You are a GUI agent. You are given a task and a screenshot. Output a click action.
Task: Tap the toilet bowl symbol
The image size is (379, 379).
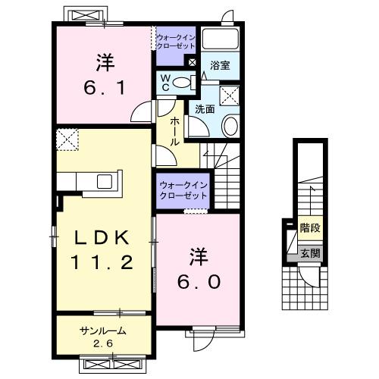pyautogui.click(x=180, y=82)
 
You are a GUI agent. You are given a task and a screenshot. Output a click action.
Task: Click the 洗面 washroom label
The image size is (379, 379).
pyautogui.click(x=205, y=108)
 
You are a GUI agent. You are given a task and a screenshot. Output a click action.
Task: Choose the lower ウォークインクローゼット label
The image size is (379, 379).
pyautogui.click(x=183, y=190)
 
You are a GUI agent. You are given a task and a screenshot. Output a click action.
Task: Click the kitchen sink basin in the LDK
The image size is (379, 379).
pyautogui.click(x=103, y=181)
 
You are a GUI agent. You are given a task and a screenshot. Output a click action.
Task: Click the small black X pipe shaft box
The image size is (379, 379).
pyautogui.click(x=192, y=62)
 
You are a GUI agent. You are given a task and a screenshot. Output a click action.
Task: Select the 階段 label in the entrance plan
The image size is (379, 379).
pyautogui.click(x=309, y=227)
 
